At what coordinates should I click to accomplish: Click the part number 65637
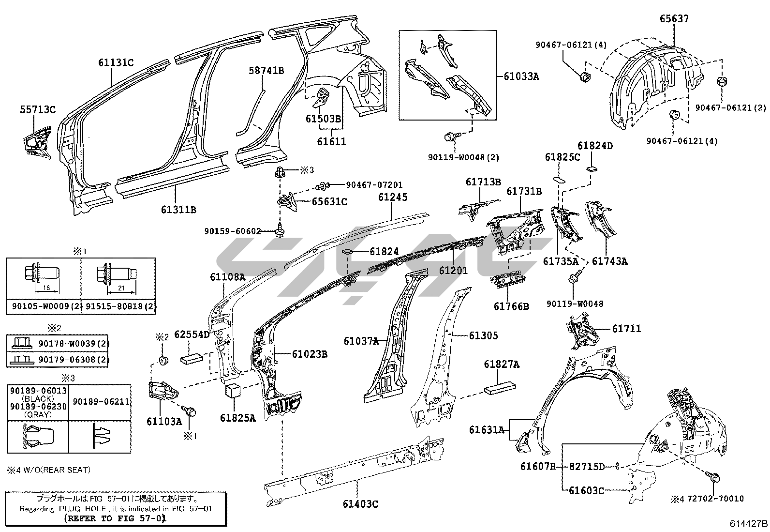[x=674, y=19]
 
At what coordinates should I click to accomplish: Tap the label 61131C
[x=116, y=62]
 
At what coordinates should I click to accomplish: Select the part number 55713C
[x=38, y=109]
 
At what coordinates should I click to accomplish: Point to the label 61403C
[x=360, y=503]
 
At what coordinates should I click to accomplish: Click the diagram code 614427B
[x=749, y=523]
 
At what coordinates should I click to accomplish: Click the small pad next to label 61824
[x=348, y=252]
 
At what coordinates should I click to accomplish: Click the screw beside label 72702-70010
[x=713, y=478]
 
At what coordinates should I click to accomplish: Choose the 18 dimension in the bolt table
[x=46, y=288]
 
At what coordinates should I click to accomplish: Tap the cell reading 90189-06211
[x=101, y=401]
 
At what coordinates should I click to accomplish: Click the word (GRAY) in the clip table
[x=38, y=414]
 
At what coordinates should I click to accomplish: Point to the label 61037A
[x=361, y=341]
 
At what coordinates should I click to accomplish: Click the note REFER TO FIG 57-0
[x=115, y=518]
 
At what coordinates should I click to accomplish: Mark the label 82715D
[x=587, y=466]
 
